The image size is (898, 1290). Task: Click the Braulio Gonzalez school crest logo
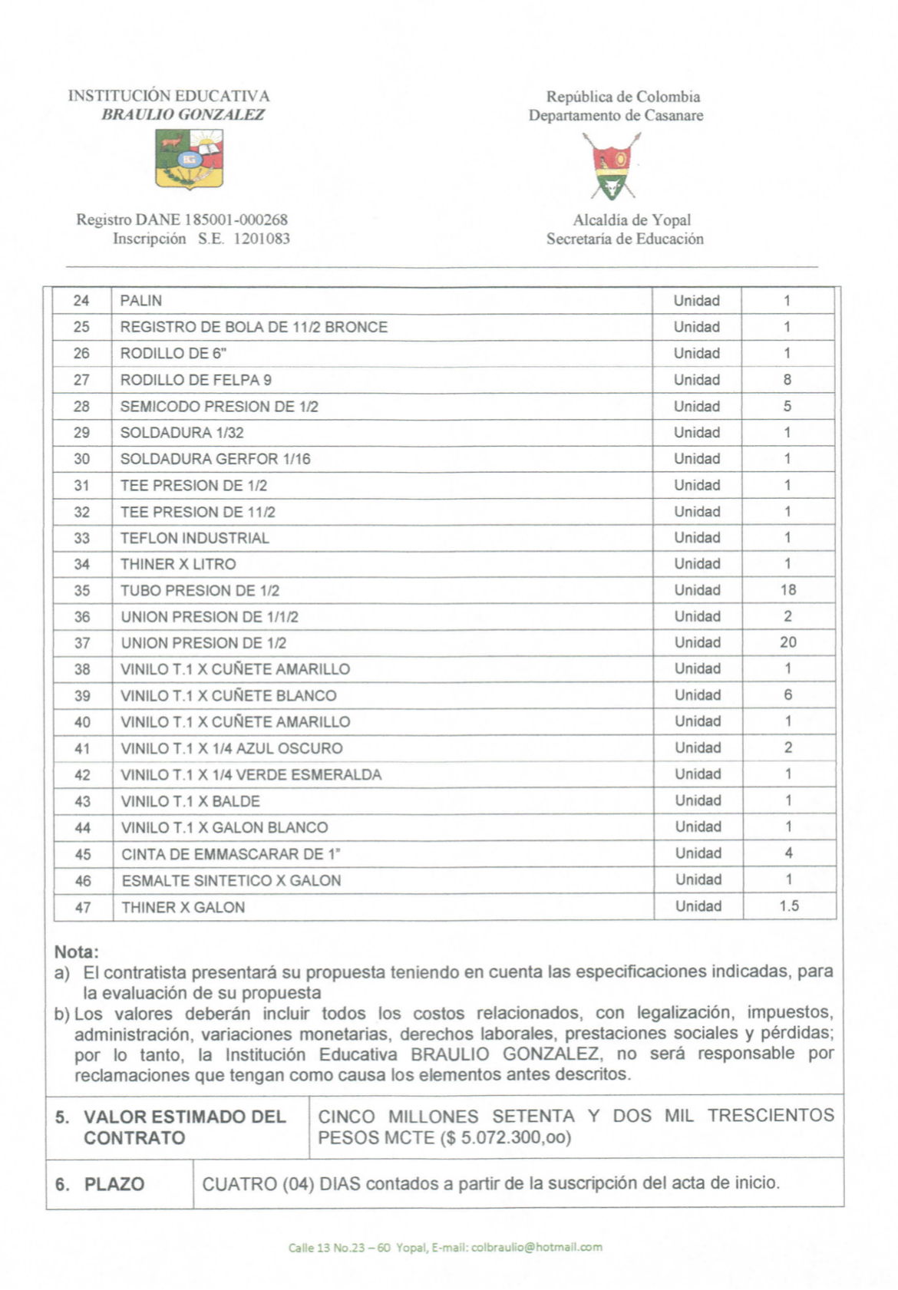(189, 159)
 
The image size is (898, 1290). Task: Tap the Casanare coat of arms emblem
(612, 166)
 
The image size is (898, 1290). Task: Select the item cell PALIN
(141, 301)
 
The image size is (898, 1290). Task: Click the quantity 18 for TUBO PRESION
(788, 590)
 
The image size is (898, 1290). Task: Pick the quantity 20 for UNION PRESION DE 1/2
(788, 642)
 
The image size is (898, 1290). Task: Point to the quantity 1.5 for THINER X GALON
(789, 906)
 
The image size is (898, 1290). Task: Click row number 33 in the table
(82, 538)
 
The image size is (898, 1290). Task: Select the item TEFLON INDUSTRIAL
(195, 538)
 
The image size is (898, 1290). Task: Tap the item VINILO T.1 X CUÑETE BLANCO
(229, 696)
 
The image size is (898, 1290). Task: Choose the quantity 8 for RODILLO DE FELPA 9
(787, 380)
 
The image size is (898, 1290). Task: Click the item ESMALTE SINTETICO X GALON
(231, 881)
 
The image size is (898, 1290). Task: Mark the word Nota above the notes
(76, 952)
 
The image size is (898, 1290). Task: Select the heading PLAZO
(114, 1184)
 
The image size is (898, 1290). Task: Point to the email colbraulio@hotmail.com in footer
(536, 1248)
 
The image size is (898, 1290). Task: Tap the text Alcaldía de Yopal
(632, 220)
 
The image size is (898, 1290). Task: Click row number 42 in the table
(82, 775)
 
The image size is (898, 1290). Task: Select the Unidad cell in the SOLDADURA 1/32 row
(697, 433)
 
